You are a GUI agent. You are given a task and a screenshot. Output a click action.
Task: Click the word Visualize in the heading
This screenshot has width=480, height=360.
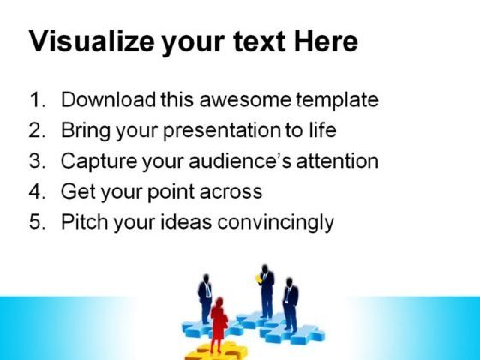click(x=92, y=41)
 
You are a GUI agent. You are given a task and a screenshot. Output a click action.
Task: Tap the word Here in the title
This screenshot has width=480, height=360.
click(x=326, y=41)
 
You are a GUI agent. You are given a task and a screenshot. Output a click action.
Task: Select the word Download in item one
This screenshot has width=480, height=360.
click(x=108, y=99)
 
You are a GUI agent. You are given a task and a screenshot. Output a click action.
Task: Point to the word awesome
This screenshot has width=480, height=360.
click(x=245, y=99)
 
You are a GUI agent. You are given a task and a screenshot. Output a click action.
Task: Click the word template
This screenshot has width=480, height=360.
click(x=338, y=100)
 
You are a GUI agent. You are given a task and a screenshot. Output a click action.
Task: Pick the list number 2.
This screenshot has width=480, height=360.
click(x=37, y=130)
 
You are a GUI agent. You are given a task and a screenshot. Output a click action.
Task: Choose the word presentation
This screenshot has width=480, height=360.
click(x=222, y=131)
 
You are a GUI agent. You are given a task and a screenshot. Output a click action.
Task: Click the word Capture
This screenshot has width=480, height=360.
click(x=99, y=161)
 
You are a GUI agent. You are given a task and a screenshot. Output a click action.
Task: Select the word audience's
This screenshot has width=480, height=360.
click(x=240, y=161)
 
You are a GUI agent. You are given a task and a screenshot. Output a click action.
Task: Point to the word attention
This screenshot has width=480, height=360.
click(x=338, y=161)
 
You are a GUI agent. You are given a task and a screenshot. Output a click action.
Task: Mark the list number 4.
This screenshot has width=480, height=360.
click(x=37, y=191)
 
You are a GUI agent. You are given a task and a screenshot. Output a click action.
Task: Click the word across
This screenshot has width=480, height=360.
click(x=231, y=192)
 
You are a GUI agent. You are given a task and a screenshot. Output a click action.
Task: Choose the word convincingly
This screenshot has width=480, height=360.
click(x=275, y=223)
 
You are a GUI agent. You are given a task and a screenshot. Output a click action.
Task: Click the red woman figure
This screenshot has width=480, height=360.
click(x=219, y=324)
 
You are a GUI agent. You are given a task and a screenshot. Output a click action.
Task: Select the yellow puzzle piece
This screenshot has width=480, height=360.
click(x=217, y=351)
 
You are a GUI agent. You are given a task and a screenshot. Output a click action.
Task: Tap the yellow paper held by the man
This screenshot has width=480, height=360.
click(x=258, y=279)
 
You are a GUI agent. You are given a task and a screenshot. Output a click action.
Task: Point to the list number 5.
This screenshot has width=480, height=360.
click(x=37, y=222)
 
